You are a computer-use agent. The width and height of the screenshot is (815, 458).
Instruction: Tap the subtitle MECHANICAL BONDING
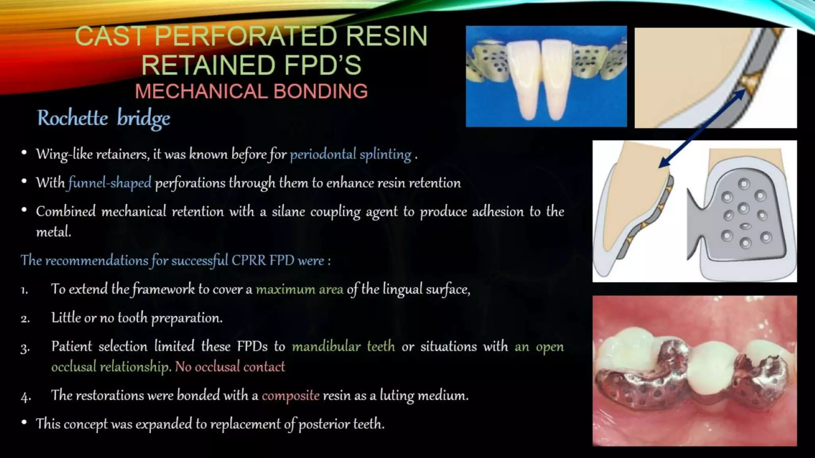coord(251,91)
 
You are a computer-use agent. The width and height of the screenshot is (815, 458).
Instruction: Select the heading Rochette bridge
coord(103,118)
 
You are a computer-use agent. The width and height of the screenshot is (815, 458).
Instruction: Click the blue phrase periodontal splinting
coord(350,154)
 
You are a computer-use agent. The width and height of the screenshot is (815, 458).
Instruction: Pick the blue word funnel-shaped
coord(110,183)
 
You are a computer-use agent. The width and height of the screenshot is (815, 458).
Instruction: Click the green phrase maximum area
coord(299,289)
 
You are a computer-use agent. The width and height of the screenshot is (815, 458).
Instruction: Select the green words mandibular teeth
coord(343,346)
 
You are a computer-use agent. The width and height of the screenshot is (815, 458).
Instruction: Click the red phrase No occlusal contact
coord(230,367)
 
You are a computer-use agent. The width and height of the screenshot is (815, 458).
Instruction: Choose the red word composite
coord(291,396)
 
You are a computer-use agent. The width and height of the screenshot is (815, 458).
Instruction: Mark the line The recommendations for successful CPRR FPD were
coord(175,260)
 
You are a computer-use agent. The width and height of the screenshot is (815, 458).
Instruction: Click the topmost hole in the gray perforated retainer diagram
coord(744,184)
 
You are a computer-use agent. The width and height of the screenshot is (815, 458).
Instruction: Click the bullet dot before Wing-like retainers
coord(24,153)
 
